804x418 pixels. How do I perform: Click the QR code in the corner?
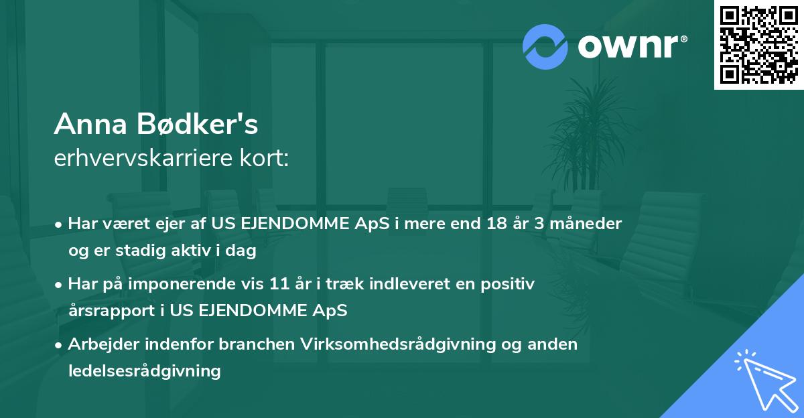[758, 45]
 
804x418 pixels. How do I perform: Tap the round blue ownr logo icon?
[544, 46]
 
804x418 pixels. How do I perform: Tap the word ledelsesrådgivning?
[144, 371]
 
